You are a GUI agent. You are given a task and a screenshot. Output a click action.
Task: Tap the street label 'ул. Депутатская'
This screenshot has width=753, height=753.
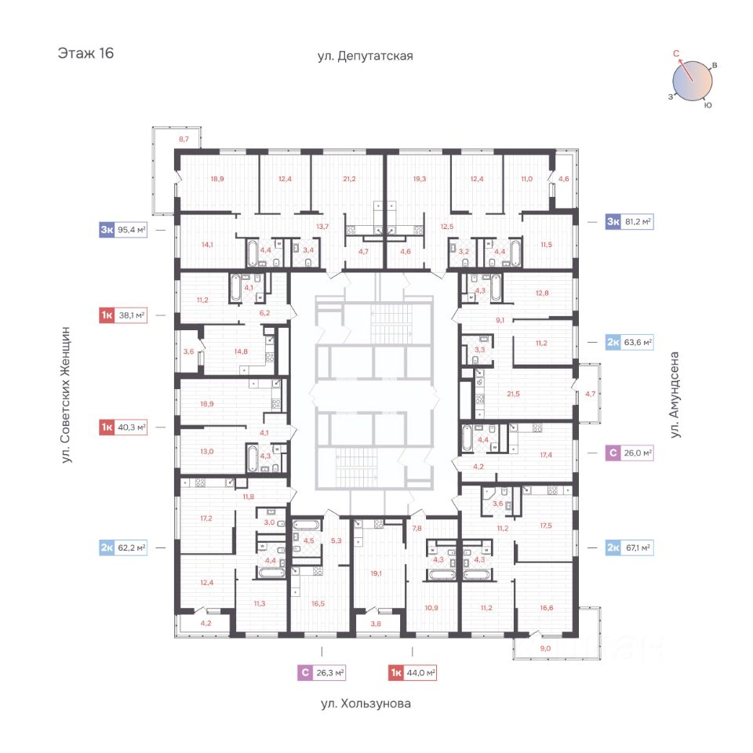click(x=365, y=56)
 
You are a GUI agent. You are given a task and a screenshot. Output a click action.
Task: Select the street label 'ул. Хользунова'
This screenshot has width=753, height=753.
click(x=366, y=704)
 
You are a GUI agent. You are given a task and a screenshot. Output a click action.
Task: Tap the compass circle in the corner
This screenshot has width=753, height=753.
click(x=693, y=80)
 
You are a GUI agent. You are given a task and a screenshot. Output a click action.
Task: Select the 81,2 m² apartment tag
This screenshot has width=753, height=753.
click(x=629, y=222)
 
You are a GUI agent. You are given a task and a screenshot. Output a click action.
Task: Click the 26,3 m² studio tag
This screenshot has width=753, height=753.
click(x=322, y=672)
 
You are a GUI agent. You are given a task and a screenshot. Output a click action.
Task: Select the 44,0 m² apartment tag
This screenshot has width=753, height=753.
click(x=412, y=672)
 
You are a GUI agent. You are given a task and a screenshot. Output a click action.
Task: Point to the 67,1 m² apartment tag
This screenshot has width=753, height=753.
click(x=629, y=547)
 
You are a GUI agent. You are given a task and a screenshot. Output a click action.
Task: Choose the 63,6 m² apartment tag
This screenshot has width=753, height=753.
click(x=629, y=341)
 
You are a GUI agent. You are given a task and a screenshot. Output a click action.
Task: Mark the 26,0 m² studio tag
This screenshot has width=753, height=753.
click(x=629, y=453)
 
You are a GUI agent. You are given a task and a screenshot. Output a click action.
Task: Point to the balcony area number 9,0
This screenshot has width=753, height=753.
click(x=546, y=648)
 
